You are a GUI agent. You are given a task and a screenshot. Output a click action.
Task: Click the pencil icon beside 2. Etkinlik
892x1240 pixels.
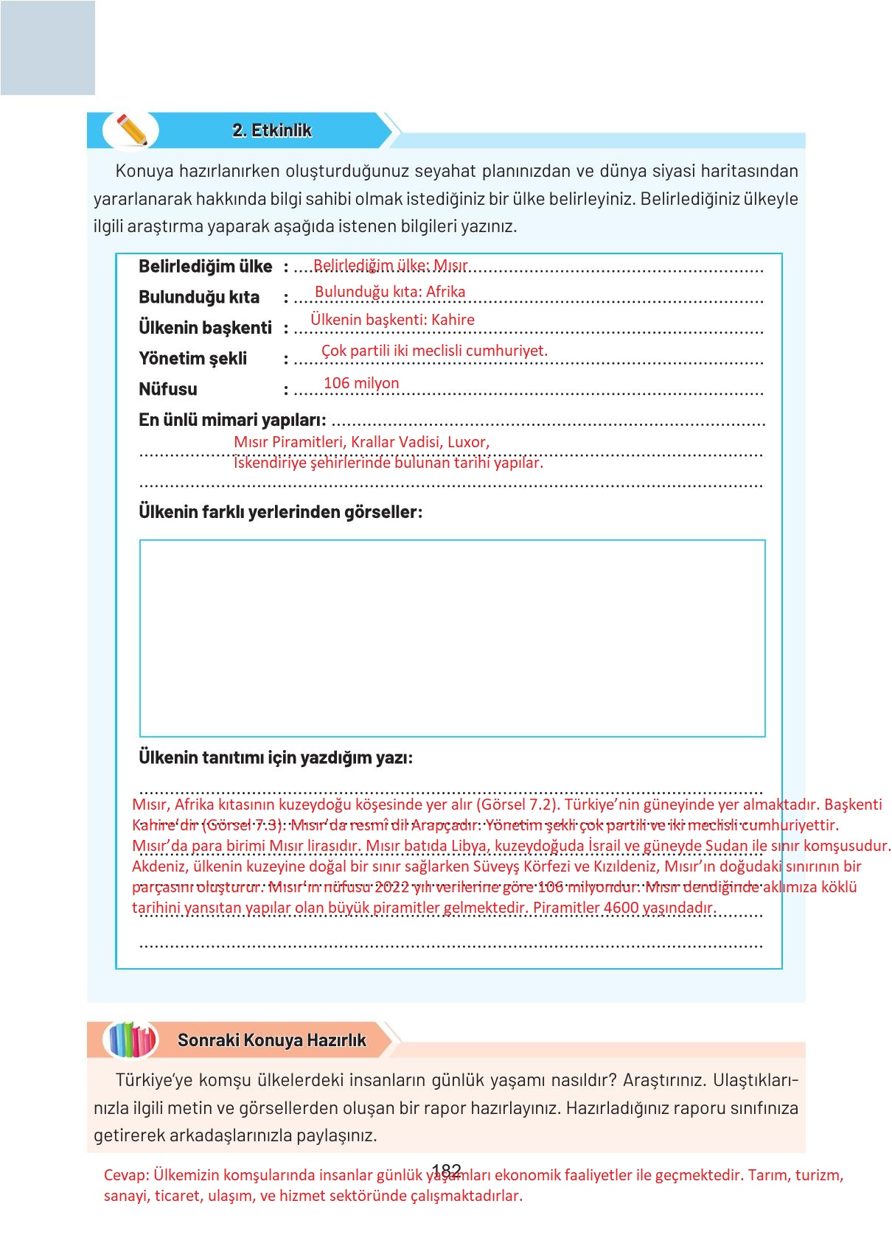(x=131, y=130)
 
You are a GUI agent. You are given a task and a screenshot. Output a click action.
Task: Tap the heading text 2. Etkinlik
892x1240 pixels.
(x=272, y=130)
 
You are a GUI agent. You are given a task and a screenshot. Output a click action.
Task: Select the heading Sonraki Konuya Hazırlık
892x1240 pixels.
(x=272, y=1040)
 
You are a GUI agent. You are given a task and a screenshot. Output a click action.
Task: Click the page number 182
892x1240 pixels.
(x=447, y=1171)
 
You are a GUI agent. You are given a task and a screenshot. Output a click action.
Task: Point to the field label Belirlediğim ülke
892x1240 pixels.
(x=205, y=267)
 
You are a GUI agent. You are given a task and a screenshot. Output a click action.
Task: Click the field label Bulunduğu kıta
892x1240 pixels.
(x=199, y=298)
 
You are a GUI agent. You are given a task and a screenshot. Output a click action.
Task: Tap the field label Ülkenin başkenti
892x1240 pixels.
(x=205, y=328)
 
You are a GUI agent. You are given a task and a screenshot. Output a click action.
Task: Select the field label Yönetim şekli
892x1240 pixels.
(x=193, y=359)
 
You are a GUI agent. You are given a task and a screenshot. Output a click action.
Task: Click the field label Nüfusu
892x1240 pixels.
(x=168, y=389)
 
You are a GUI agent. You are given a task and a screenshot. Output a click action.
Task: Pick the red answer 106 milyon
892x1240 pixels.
(x=361, y=383)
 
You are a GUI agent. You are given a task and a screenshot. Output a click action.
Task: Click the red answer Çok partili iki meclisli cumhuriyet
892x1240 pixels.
(x=434, y=351)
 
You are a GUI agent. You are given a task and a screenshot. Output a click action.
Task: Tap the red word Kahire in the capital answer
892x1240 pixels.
(x=453, y=320)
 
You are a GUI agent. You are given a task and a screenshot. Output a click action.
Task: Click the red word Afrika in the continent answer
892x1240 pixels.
(x=446, y=292)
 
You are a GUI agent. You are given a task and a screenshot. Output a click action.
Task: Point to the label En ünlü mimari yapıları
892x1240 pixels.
(x=232, y=420)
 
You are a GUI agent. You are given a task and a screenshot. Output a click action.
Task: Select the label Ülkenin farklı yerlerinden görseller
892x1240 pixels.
(x=280, y=512)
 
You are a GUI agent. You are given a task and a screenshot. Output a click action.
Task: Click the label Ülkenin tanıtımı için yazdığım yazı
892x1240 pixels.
(x=276, y=757)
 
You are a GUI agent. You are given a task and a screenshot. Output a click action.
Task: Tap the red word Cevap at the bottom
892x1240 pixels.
(x=126, y=1175)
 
